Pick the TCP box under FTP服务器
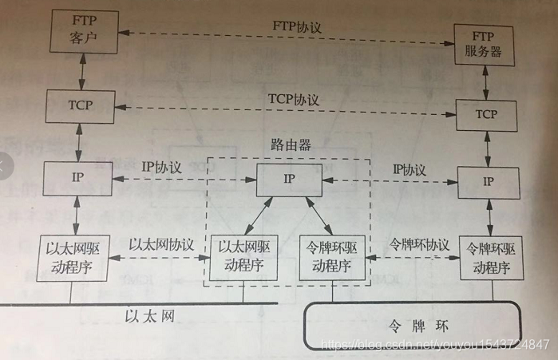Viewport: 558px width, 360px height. pos(486,115)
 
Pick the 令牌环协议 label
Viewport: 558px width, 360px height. pos(419,243)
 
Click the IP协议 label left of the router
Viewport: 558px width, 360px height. pos(162,168)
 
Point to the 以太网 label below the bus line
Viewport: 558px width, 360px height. pos(150,315)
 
